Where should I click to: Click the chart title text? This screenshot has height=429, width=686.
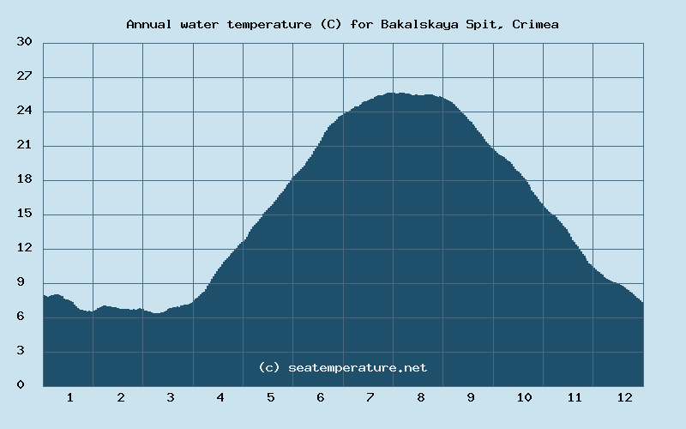[x=342, y=24]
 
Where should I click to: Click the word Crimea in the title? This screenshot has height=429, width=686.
[x=536, y=24]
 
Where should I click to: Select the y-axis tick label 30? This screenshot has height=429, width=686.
[x=25, y=42]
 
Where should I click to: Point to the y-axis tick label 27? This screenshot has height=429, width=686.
[x=25, y=76]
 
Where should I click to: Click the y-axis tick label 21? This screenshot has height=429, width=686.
[x=25, y=145]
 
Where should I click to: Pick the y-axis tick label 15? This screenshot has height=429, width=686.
[x=25, y=214]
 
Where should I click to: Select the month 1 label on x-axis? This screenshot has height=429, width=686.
[x=69, y=397]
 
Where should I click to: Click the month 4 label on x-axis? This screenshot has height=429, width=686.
[x=220, y=397]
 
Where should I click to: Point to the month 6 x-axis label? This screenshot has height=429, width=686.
[x=320, y=397]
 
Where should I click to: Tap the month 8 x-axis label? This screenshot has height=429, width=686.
[x=421, y=397]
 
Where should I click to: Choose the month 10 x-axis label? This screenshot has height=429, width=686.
[x=524, y=397]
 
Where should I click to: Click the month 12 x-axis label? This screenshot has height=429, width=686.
[x=624, y=397]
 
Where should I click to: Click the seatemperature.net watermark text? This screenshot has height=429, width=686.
[x=358, y=367]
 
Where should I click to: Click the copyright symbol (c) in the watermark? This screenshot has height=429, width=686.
[x=269, y=367]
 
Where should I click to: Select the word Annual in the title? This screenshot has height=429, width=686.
[x=147, y=24]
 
